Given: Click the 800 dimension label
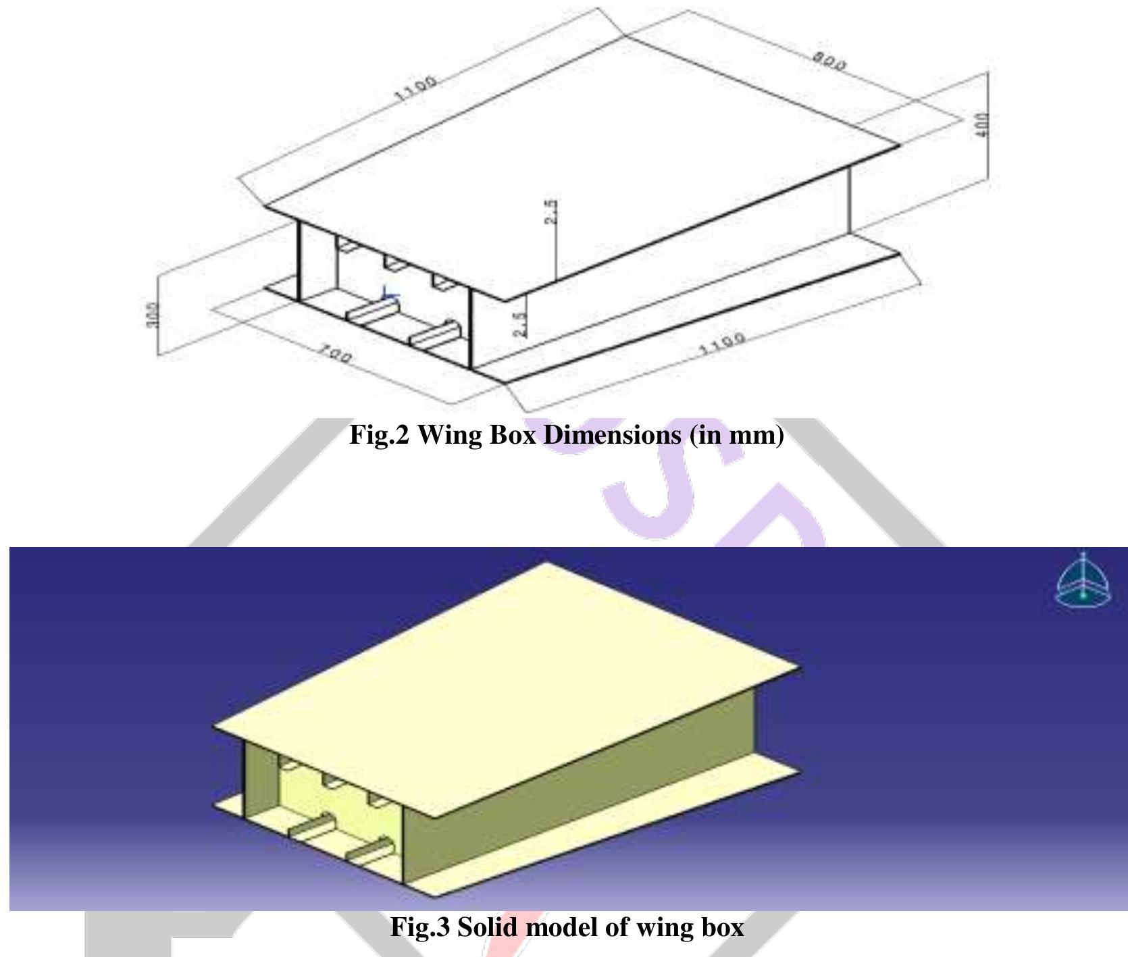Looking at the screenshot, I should point(829,62).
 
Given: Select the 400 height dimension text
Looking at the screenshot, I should point(983,124).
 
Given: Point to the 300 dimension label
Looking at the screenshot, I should point(153,314).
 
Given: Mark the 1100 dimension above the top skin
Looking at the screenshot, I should point(415,87).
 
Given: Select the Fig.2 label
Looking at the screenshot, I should point(379,436).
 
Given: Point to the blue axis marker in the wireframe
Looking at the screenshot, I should point(388,294).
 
